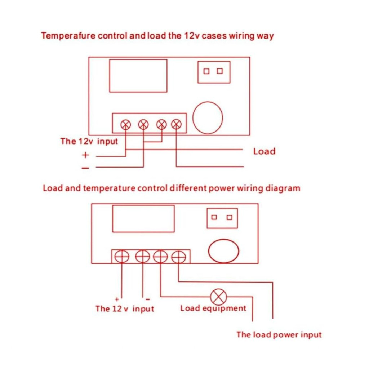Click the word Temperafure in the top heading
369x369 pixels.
68,36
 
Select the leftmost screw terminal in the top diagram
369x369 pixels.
126,124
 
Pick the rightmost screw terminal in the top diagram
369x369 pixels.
176,124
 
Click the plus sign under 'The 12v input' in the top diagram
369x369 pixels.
85,155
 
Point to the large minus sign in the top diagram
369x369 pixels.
85,168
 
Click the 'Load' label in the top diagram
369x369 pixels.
264,151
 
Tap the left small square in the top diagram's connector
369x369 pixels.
206,71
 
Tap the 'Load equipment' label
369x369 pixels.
213,308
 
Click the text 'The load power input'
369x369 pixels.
279,335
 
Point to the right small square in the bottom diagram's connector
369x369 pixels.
229,217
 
